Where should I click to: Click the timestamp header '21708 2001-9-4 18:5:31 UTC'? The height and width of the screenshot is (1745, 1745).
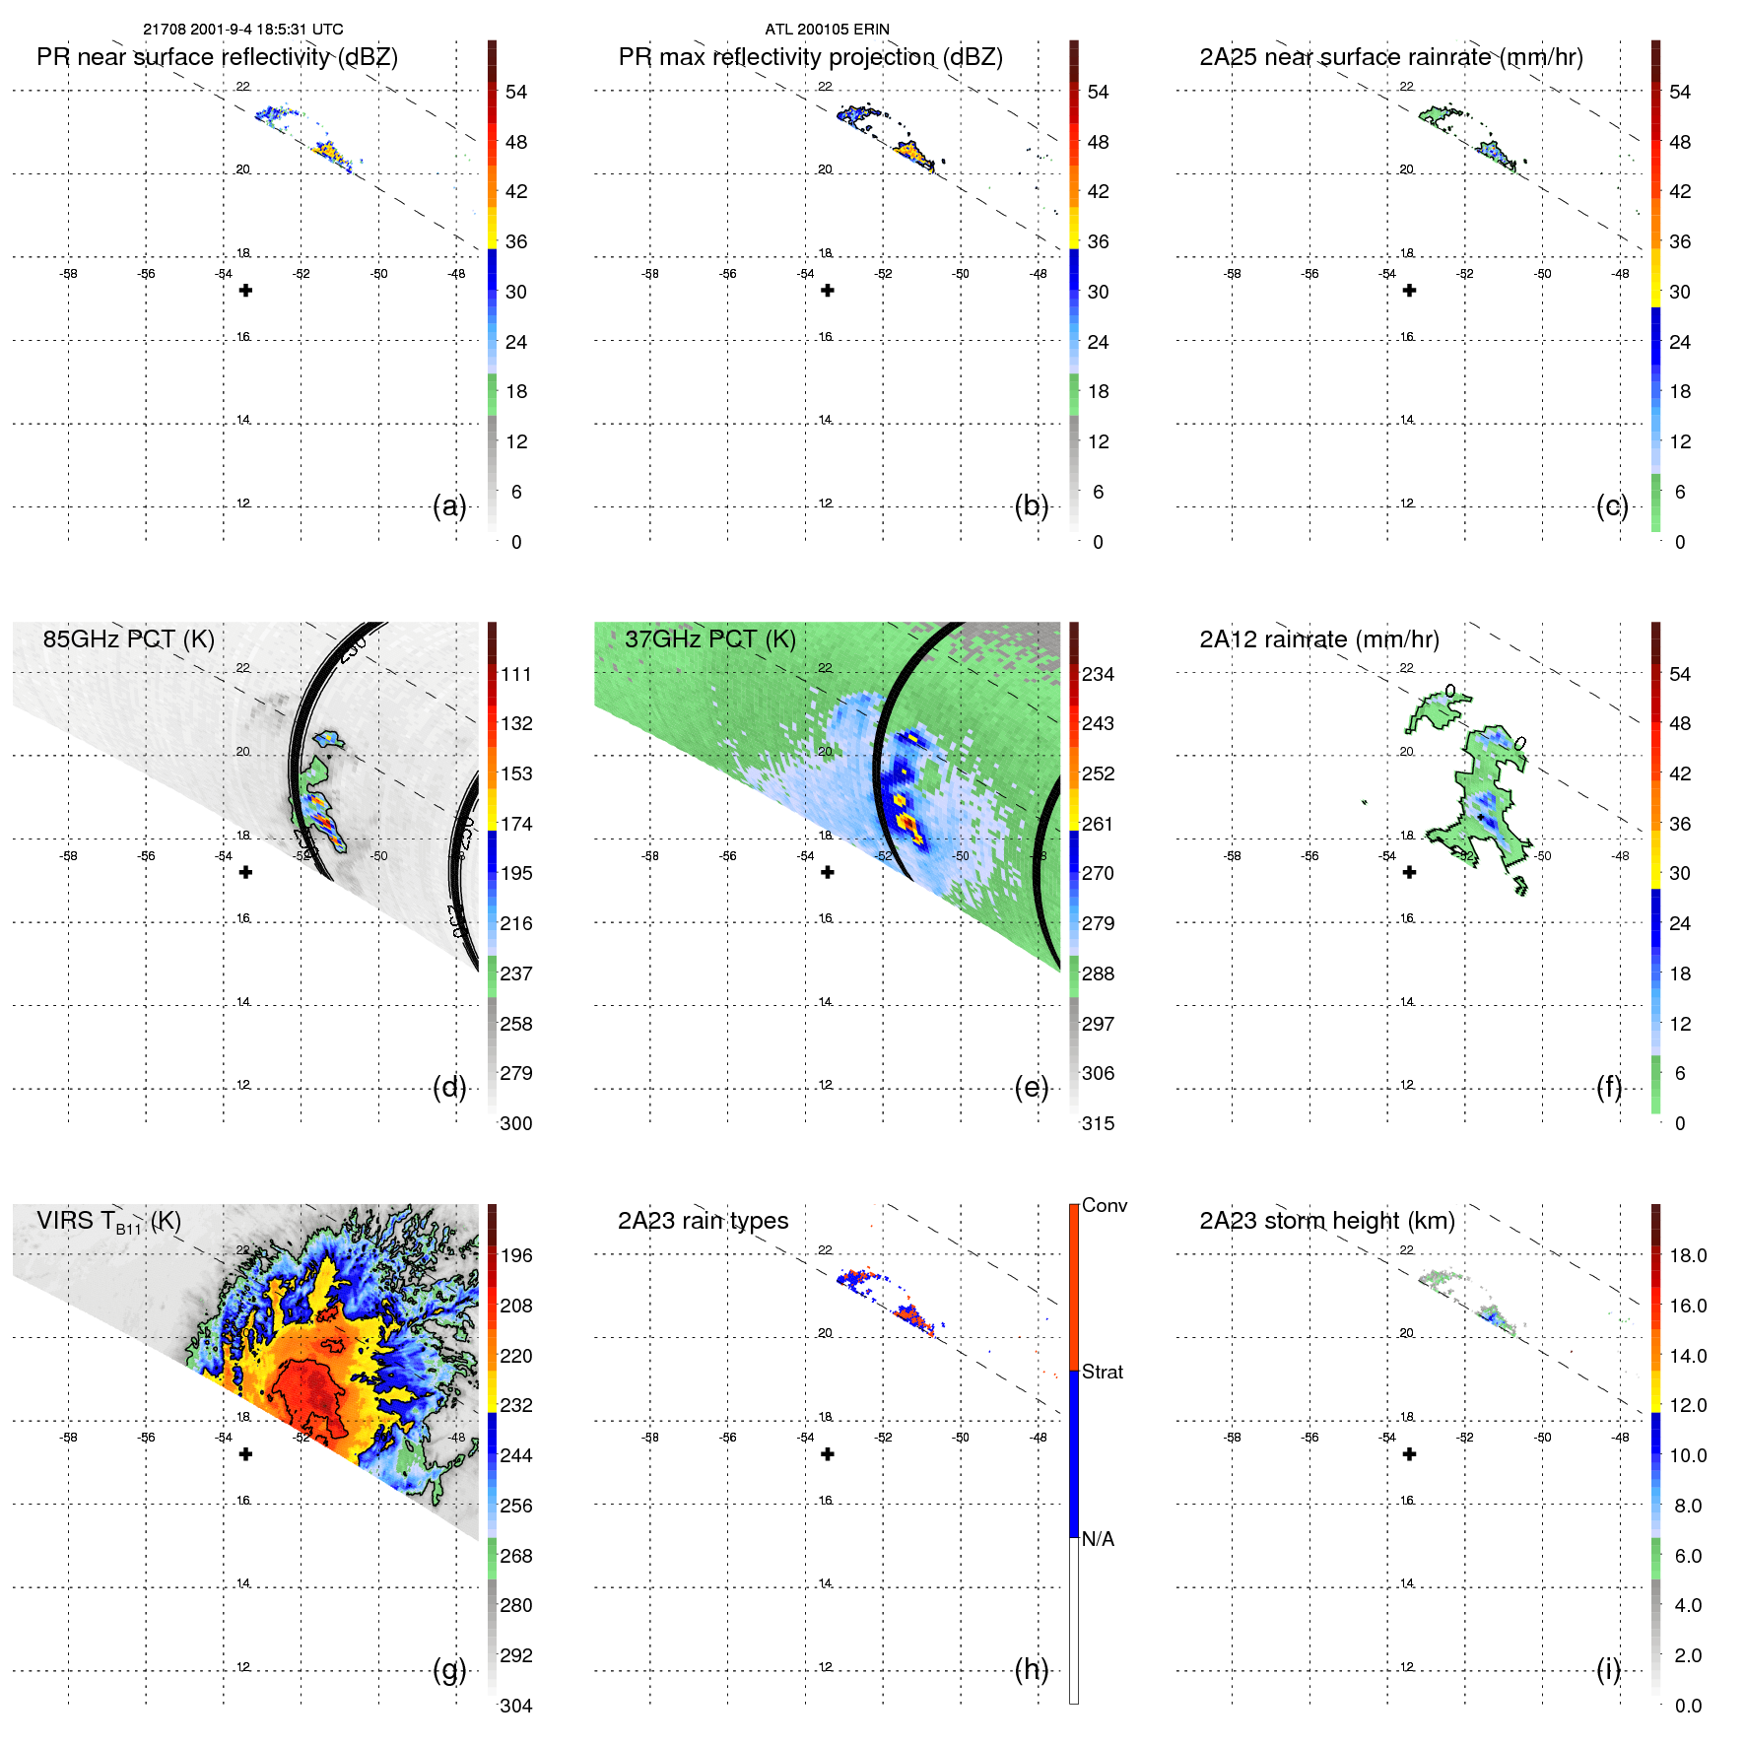point(243,30)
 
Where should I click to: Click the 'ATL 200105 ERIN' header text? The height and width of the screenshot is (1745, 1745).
point(827,30)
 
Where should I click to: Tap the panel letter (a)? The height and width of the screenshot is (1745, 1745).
point(449,506)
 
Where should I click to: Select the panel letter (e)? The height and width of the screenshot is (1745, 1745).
point(1031,1088)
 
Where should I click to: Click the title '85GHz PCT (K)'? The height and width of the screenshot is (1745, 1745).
point(128,639)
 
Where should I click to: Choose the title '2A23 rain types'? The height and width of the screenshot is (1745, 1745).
point(703,1221)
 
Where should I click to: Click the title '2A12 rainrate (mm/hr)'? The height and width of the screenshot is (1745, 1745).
point(1318,639)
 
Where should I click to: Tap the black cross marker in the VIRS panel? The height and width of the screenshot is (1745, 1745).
point(245,1454)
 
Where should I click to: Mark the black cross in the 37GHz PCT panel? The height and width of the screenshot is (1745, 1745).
point(828,872)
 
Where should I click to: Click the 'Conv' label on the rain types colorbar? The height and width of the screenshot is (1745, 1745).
point(1104,1206)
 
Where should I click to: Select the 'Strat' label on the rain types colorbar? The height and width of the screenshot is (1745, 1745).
point(1102,1373)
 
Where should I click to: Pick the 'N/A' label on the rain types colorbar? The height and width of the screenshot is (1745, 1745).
point(1098,1539)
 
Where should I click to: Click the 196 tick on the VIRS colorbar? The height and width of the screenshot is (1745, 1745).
point(515,1256)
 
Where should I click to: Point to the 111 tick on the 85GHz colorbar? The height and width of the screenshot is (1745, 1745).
point(515,675)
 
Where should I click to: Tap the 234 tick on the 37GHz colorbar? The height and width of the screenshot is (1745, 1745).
point(1098,675)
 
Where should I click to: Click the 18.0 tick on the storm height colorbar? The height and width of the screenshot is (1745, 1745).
point(1687,1256)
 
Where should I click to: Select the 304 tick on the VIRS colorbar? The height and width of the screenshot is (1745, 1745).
point(515,1706)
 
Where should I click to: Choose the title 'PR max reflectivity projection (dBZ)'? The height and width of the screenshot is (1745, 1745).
point(810,57)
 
